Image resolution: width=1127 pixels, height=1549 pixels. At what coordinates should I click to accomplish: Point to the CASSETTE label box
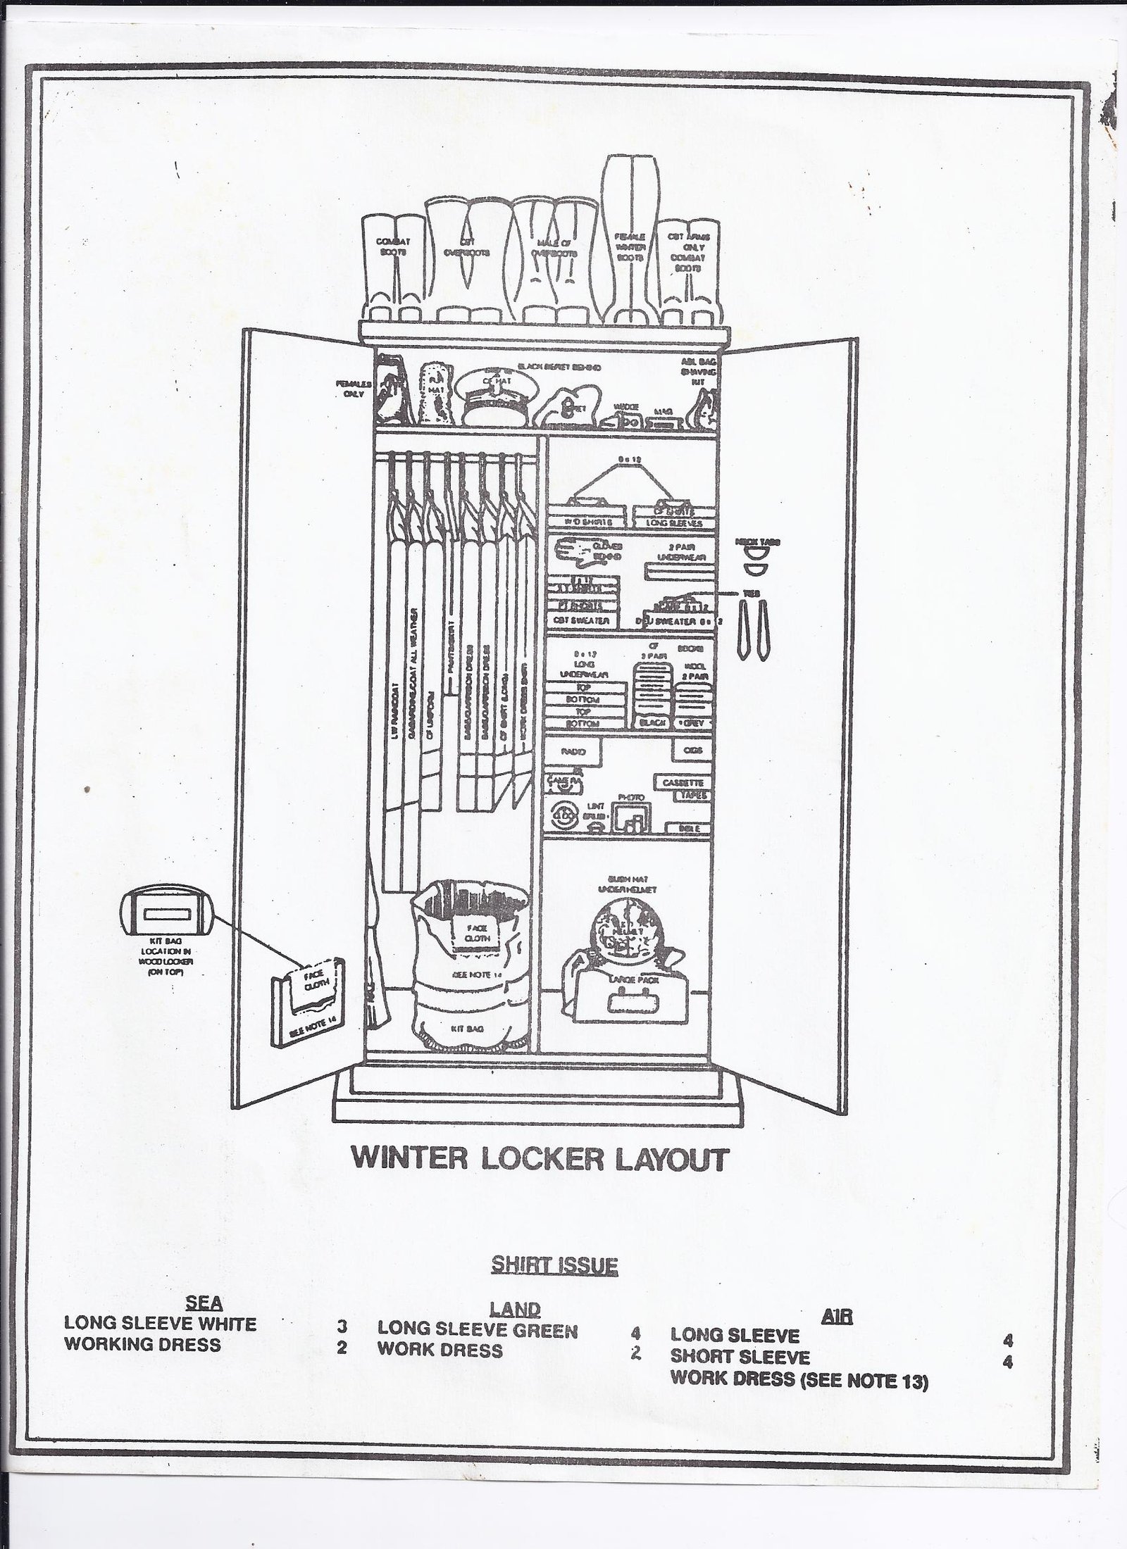683,782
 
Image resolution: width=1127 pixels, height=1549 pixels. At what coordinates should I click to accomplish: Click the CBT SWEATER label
580,620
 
